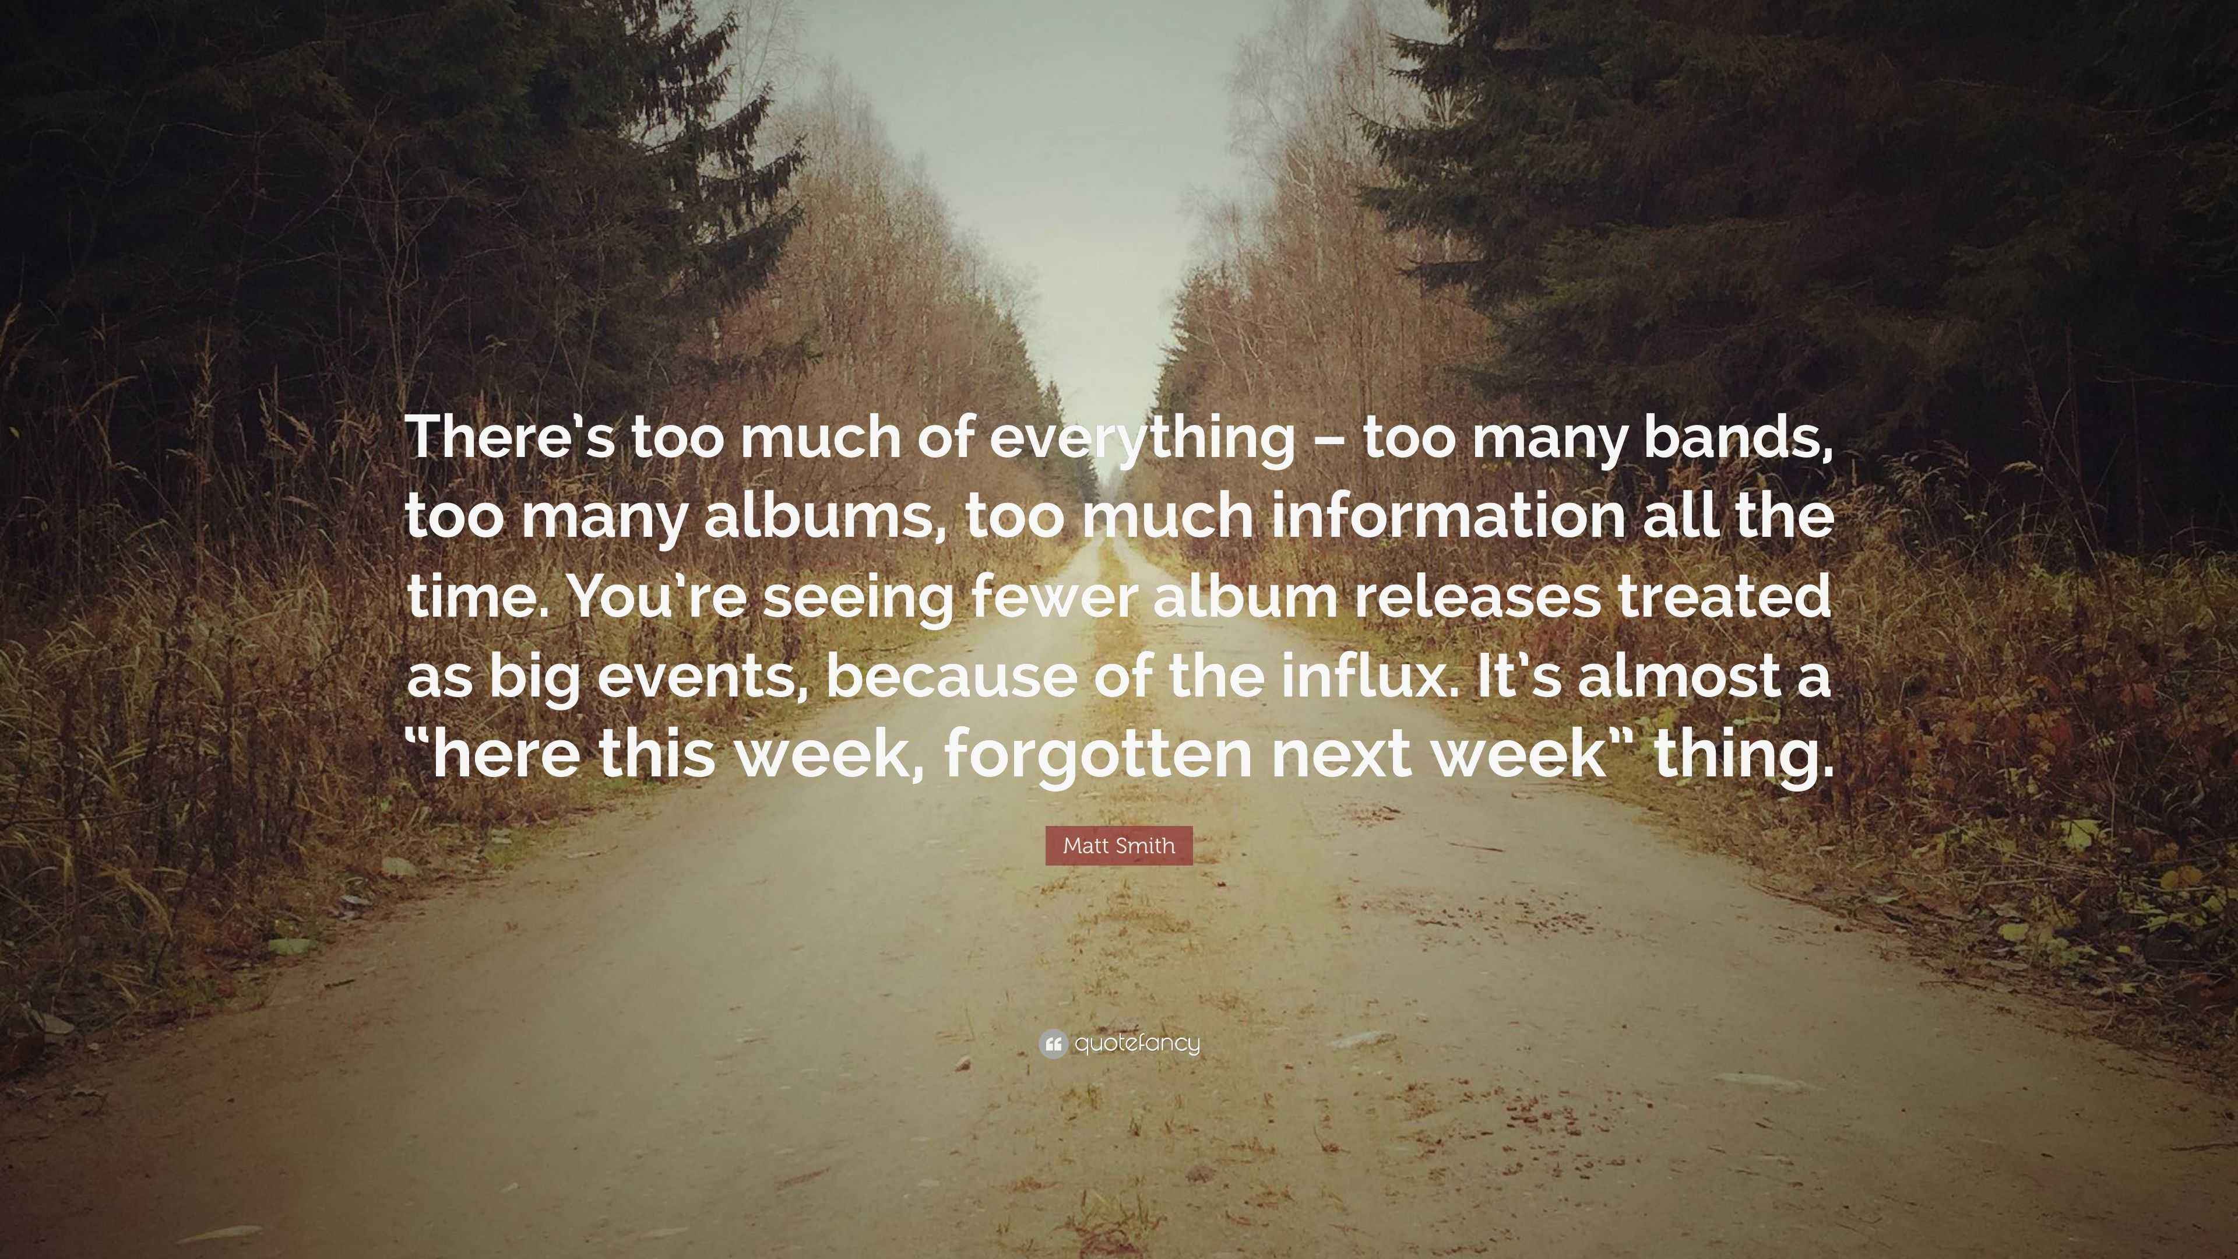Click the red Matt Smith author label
pos(1119,845)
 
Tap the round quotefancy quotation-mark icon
pos(1053,1043)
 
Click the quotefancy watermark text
pos(1137,1043)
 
